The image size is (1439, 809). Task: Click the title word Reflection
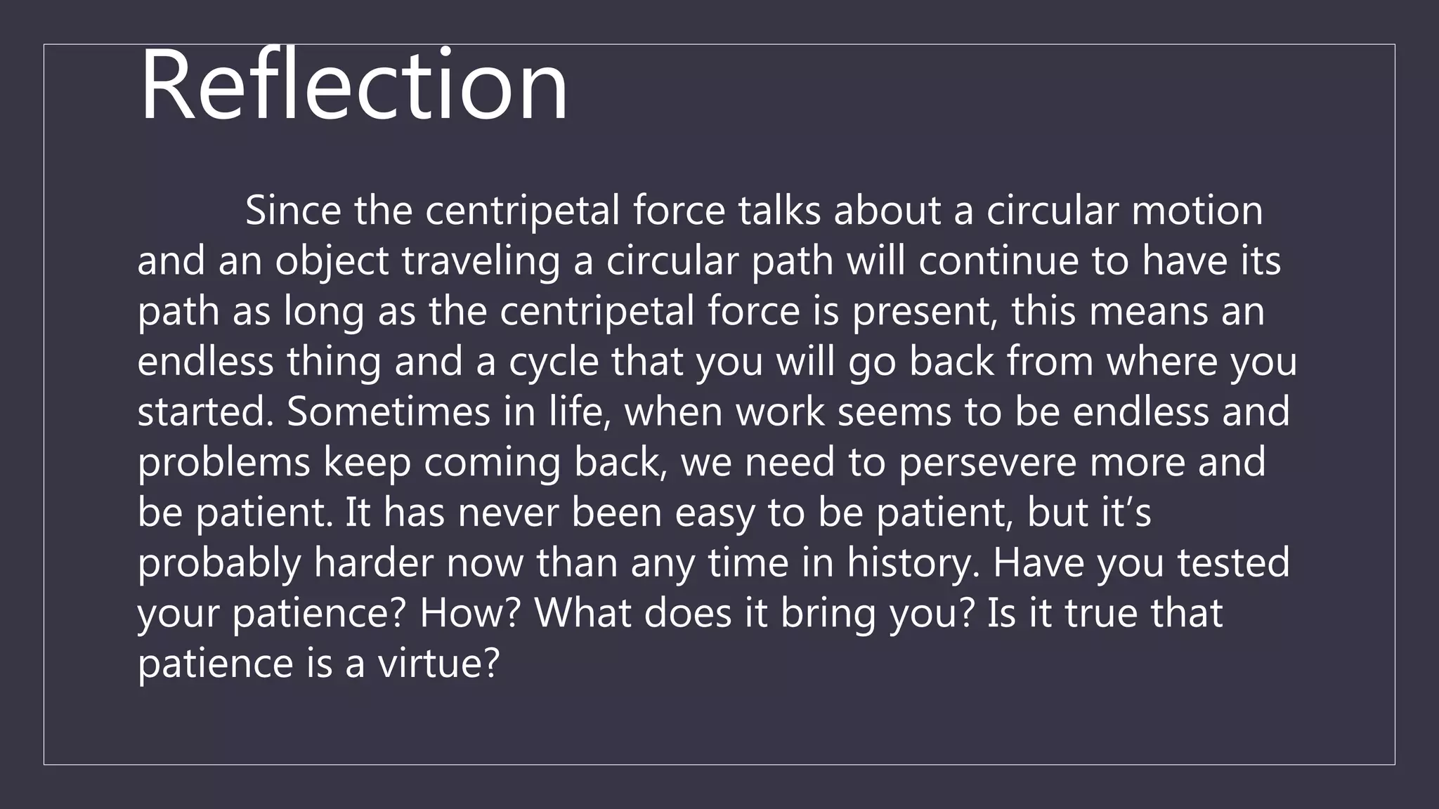[x=353, y=86]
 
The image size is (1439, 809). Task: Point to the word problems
[x=223, y=462]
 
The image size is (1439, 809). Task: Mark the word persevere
[x=987, y=462]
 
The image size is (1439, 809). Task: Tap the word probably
[x=219, y=563]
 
